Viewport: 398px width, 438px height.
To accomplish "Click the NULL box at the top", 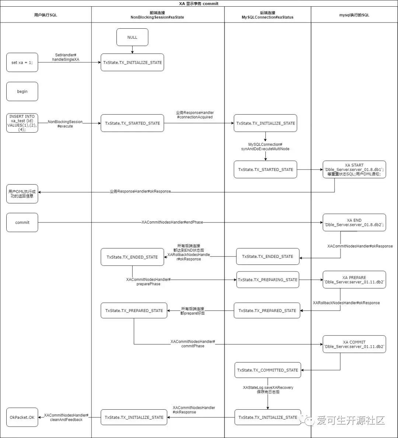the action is tap(132, 37).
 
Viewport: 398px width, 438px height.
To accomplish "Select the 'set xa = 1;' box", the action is tap(22, 62).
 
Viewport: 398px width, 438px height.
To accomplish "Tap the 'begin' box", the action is tap(22, 91).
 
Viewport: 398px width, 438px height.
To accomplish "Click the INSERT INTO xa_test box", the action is tap(22, 123).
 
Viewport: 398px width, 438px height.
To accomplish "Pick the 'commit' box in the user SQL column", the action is tap(22, 222).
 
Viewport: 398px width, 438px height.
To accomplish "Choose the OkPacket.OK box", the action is tap(22, 417).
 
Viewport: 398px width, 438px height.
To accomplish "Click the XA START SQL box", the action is tap(354, 169).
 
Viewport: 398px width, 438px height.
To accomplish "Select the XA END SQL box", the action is tap(354, 222).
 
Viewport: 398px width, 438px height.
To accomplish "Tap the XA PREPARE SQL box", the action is tap(354, 280).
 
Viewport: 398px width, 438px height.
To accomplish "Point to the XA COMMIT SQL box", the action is tap(354, 344).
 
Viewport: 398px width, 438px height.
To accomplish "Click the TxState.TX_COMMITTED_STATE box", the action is tap(268, 370).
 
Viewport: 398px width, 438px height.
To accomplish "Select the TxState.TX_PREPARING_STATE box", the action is tap(268, 280).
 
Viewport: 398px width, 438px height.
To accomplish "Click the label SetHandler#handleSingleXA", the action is tap(66, 57).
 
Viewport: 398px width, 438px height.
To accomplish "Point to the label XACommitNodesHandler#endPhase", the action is tap(172, 222).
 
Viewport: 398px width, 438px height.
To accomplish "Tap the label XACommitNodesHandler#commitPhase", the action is tap(193, 344).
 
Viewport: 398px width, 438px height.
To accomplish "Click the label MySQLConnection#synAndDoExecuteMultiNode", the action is tap(265, 147).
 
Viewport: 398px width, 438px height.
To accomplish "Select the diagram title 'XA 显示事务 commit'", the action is tap(199, 4).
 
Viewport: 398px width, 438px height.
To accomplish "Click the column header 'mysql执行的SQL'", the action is tap(354, 15).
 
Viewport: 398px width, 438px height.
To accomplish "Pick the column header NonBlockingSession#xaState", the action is tap(157, 17).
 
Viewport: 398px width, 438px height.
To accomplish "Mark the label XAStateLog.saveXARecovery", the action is tap(268, 388).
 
